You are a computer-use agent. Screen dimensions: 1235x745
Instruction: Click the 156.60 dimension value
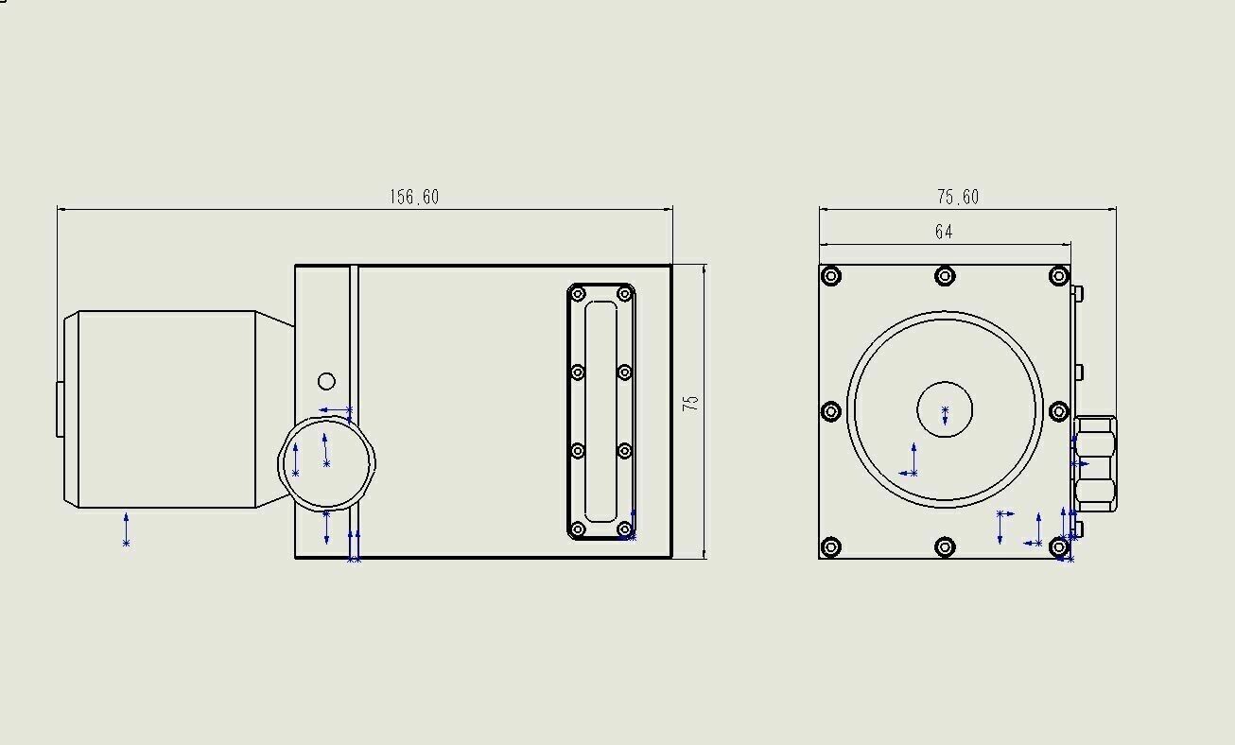coord(414,197)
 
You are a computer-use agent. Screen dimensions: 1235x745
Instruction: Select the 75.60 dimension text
coord(958,197)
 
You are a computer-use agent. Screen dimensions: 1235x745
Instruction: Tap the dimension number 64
coord(944,232)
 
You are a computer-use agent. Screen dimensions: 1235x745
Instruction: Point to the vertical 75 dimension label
coord(690,403)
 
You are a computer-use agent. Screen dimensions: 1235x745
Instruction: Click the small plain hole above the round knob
coord(327,381)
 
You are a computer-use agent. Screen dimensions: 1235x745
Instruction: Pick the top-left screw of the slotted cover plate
coord(577,294)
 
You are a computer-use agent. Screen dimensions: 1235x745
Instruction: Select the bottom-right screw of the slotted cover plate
coord(625,529)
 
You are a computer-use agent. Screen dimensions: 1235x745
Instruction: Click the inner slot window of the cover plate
coord(601,411)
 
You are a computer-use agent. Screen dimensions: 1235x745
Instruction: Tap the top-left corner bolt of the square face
coord(831,276)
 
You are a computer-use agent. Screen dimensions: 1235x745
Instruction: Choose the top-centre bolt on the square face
coord(945,276)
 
